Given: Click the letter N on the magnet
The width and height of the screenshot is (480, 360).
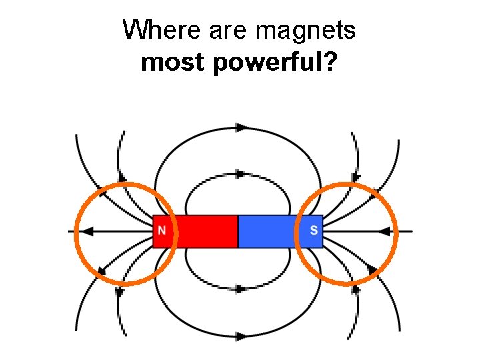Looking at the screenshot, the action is click(x=161, y=231).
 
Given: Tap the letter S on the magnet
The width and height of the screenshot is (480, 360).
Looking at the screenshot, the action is click(x=314, y=231).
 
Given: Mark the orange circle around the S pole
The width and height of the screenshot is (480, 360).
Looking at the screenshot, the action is click(x=345, y=183).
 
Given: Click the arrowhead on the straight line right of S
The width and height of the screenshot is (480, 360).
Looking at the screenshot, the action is click(x=385, y=231).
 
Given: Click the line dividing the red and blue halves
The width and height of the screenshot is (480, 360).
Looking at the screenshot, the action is click(x=238, y=231).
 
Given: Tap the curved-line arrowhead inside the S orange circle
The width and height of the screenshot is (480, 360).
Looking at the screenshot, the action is click(x=371, y=269).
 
